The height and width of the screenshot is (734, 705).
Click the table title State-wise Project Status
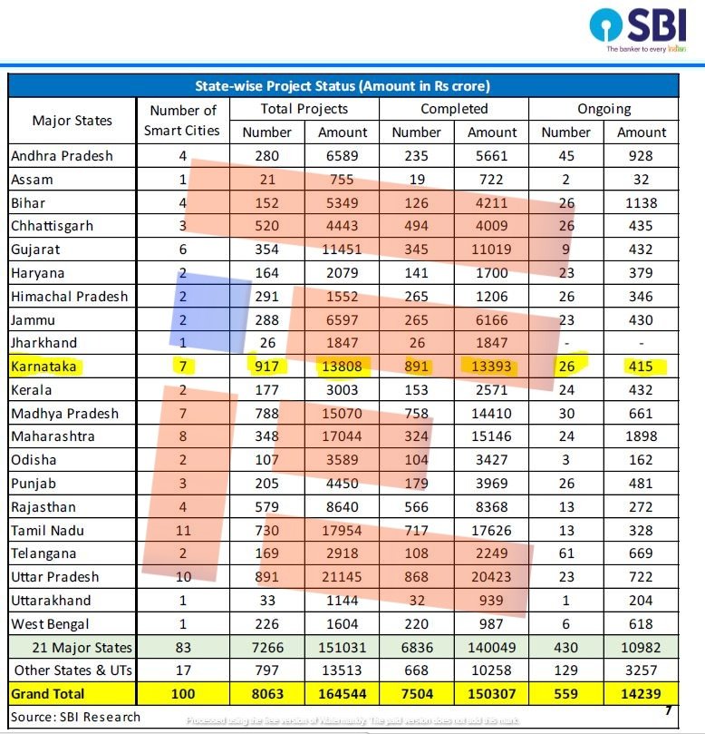(x=343, y=86)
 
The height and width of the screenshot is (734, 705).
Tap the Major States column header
(x=72, y=120)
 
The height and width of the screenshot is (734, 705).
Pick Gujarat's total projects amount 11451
(x=343, y=250)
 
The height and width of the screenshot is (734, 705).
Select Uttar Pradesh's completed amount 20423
(x=491, y=577)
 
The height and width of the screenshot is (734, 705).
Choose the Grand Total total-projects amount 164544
(x=343, y=694)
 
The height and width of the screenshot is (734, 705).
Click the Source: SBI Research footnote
(x=76, y=717)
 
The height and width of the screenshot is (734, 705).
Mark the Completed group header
(x=454, y=109)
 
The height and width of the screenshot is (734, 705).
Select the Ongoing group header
(x=604, y=109)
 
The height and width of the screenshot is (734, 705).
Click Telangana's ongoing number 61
(x=565, y=553)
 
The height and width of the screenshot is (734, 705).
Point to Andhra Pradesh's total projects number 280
(x=266, y=156)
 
